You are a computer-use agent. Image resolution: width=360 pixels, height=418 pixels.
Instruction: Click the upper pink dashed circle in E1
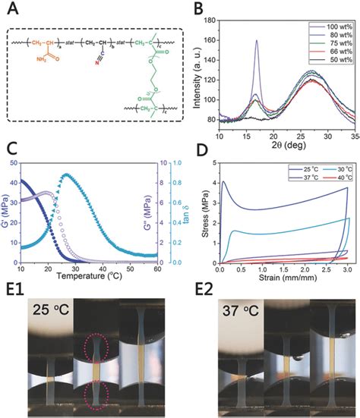point(97,333)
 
